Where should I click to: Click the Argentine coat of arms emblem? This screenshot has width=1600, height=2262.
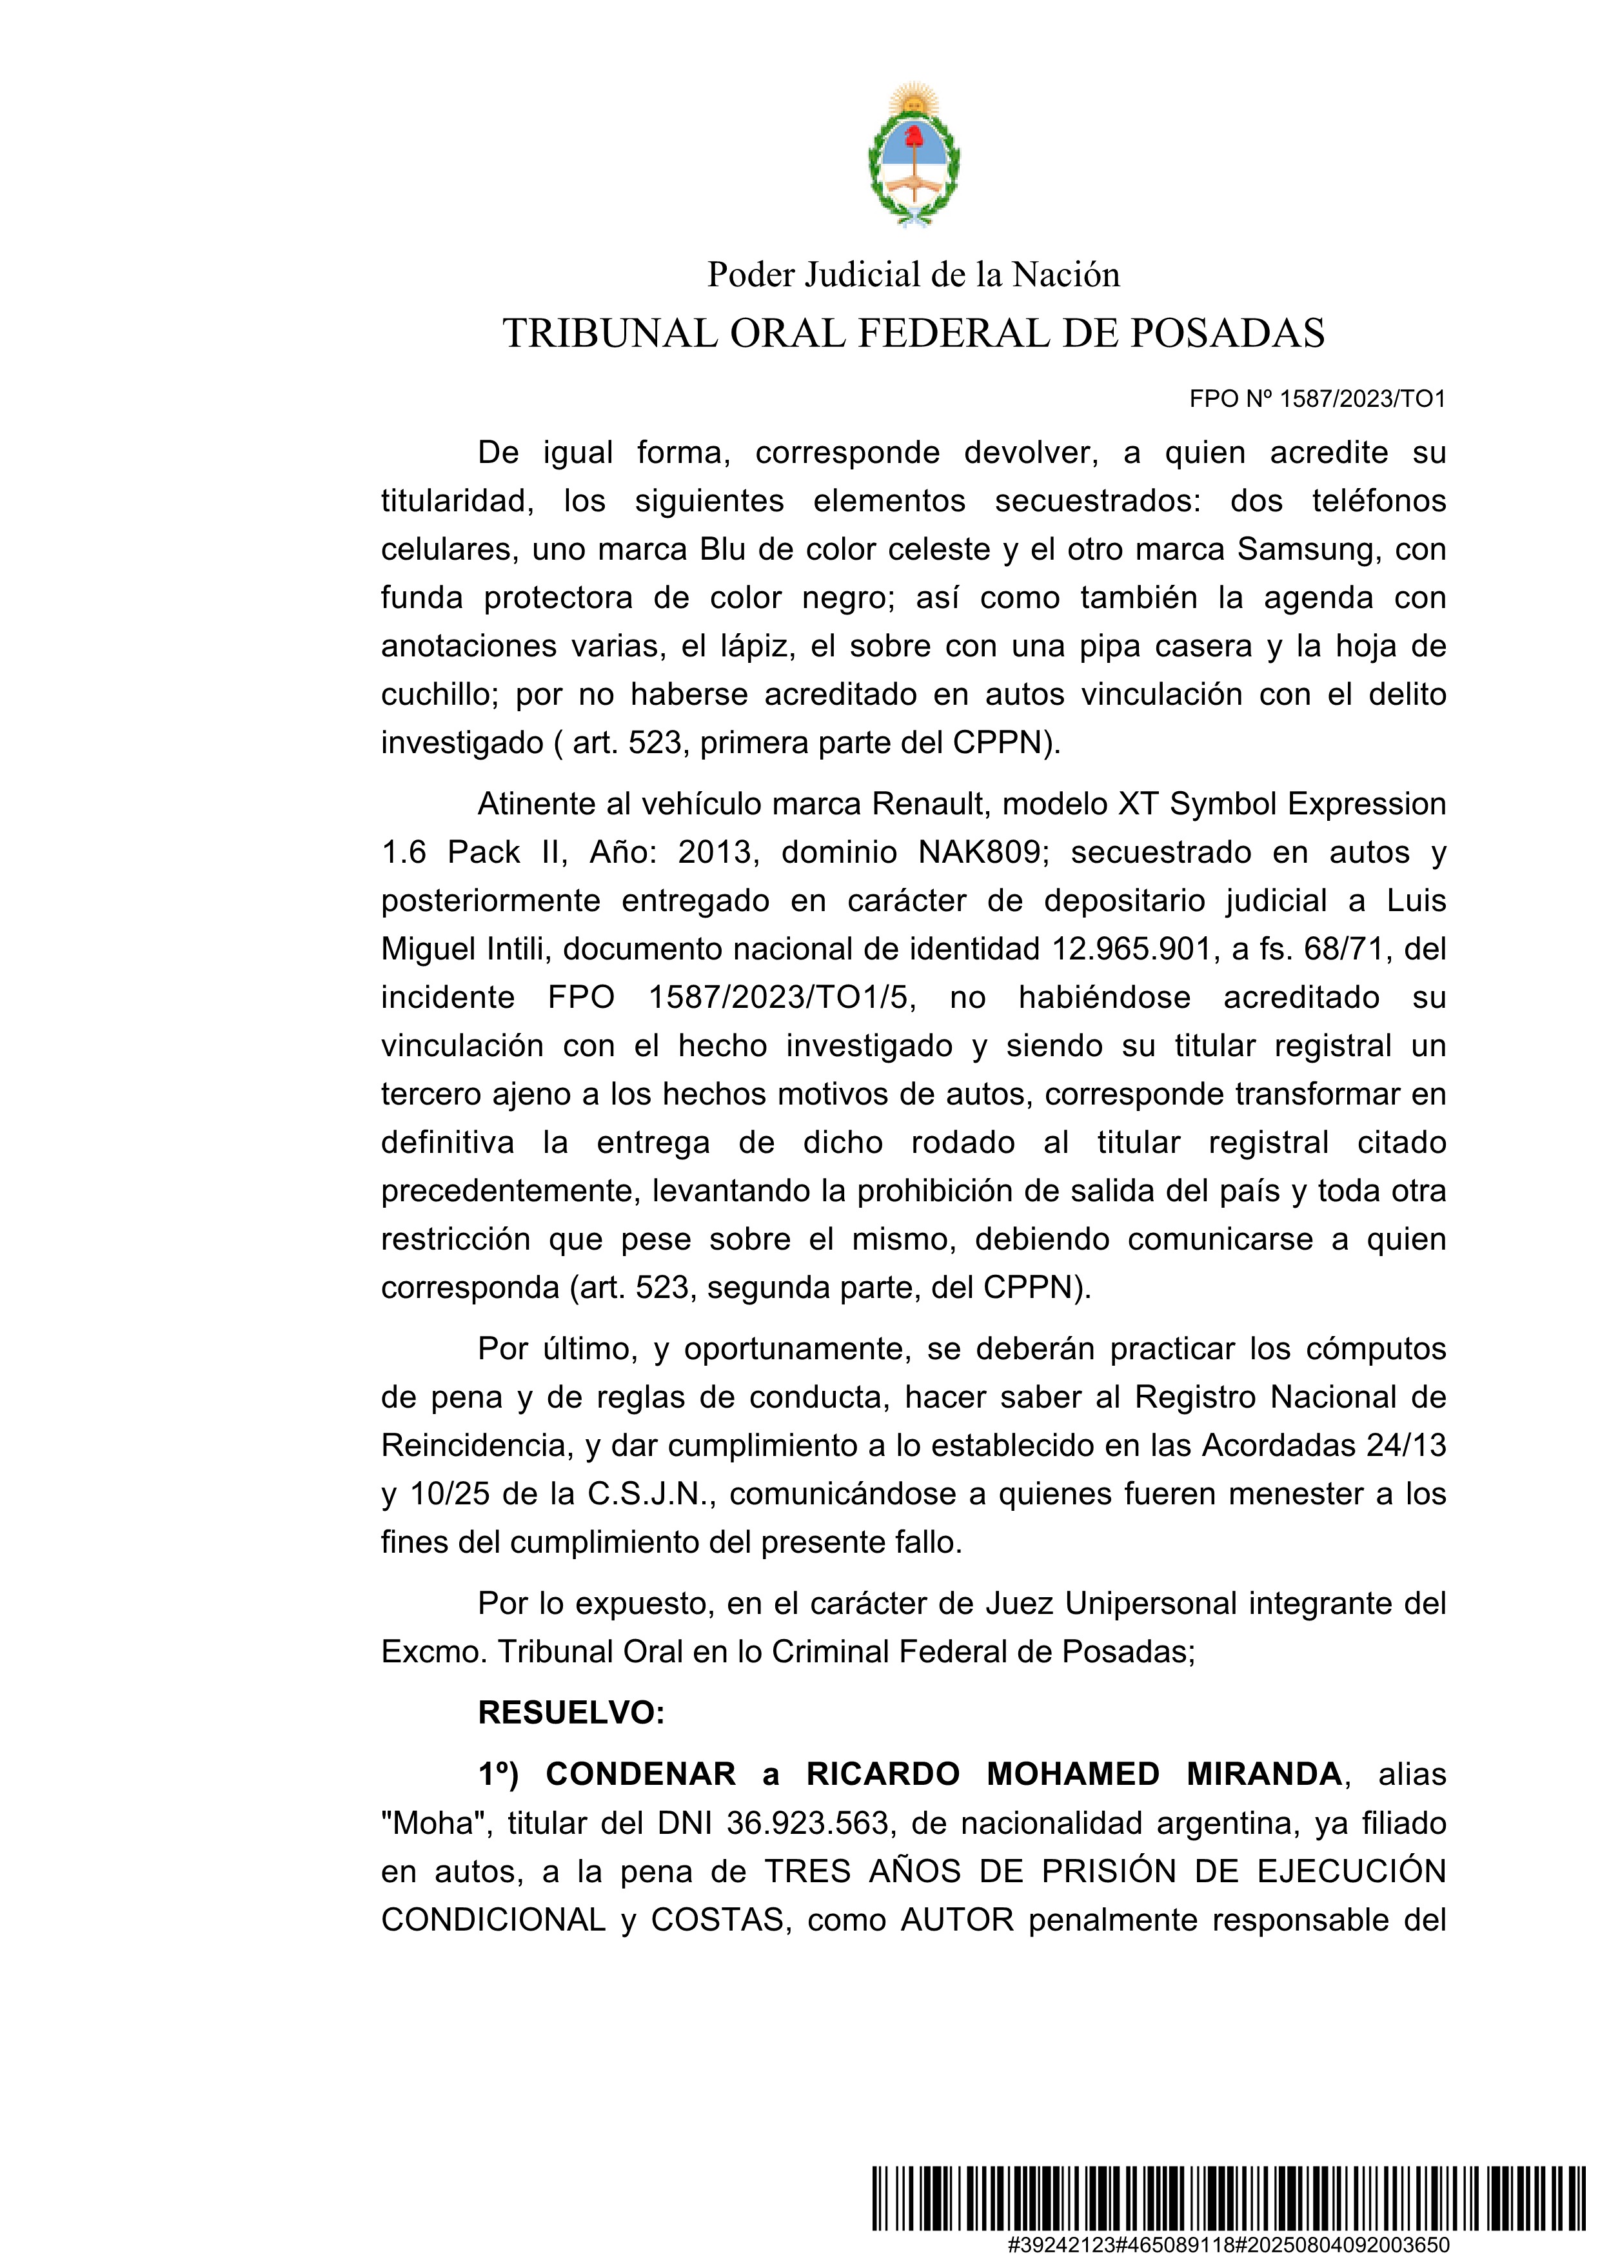pos(913,155)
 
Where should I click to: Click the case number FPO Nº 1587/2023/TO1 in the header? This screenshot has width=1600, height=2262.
pos(1318,399)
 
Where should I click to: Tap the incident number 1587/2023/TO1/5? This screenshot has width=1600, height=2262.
pos(777,997)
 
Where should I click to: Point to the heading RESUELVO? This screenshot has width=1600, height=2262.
pos(571,1713)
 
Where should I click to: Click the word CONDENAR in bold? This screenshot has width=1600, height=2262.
pos(640,1775)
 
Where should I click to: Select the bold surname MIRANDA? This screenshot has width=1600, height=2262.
pos(1264,1775)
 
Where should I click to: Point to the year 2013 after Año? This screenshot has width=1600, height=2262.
pos(717,852)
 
